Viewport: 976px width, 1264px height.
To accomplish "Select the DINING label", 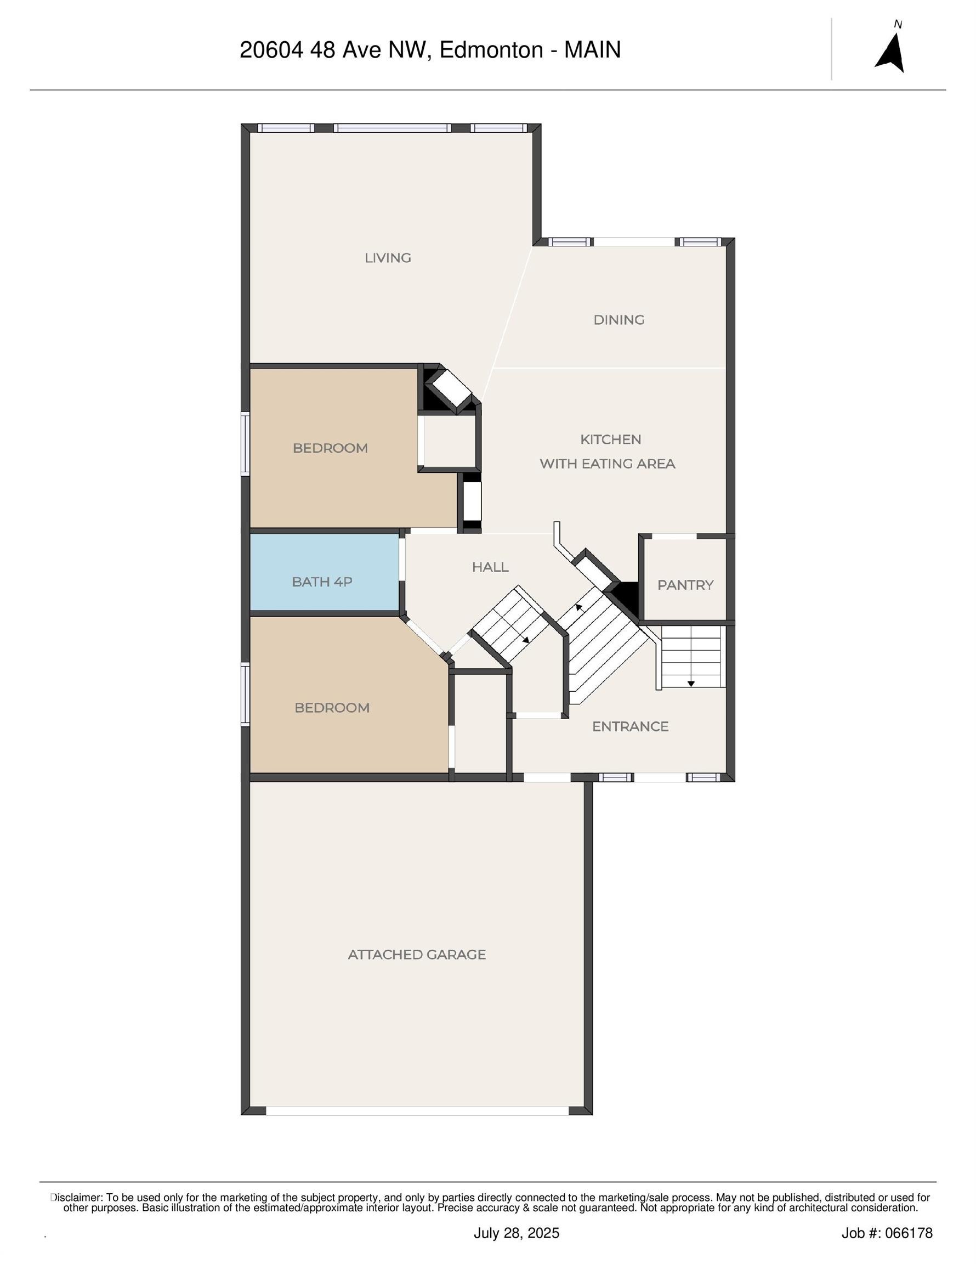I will click(618, 320).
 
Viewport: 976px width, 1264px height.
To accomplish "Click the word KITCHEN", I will click(610, 440).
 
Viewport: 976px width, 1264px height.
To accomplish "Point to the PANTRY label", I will click(685, 585).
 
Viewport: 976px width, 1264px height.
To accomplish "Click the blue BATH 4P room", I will click(322, 582).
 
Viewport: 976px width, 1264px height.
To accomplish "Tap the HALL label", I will click(490, 567).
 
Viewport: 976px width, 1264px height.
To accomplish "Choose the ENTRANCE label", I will click(630, 727).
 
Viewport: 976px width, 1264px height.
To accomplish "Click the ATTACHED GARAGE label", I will click(417, 955).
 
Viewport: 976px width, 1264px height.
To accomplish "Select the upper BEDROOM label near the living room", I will click(330, 449).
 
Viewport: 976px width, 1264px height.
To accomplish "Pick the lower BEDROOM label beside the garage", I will click(332, 708).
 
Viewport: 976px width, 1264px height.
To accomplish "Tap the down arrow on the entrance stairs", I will click(691, 684).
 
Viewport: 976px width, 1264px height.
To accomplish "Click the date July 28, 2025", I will click(516, 1233).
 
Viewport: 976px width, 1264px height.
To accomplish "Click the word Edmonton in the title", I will click(491, 50).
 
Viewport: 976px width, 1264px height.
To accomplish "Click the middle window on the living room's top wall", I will click(392, 128).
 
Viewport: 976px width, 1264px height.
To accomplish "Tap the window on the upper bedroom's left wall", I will click(245, 444).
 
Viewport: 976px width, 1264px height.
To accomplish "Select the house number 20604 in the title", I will click(271, 50).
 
